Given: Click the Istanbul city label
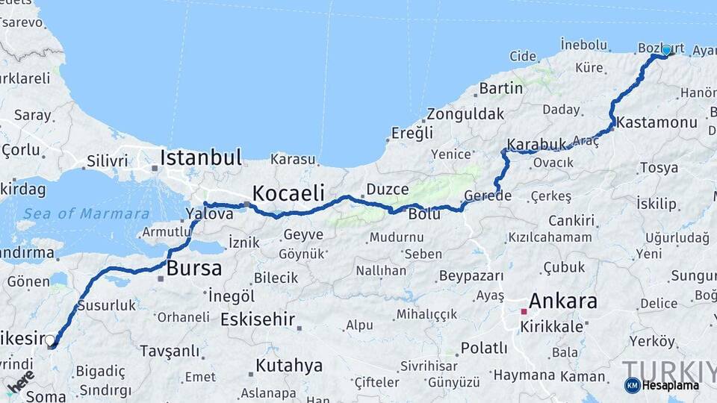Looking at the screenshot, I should click(x=200, y=158).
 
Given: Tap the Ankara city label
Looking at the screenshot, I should click(x=562, y=302).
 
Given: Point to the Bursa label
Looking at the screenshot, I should click(x=194, y=269).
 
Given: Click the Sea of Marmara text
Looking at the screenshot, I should click(x=86, y=213).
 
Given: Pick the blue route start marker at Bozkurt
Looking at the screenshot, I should click(x=666, y=51).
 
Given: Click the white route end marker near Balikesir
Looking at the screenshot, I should click(x=50, y=341).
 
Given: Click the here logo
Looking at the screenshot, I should click(x=20, y=381).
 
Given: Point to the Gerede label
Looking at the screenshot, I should click(x=487, y=196).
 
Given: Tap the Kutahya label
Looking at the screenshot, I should click(x=289, y=366).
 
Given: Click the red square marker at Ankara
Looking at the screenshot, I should click(x=524, y=312).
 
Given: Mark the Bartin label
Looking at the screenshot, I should click(x=500, y=88).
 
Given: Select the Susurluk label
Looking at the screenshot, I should click(x=107, y=305).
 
